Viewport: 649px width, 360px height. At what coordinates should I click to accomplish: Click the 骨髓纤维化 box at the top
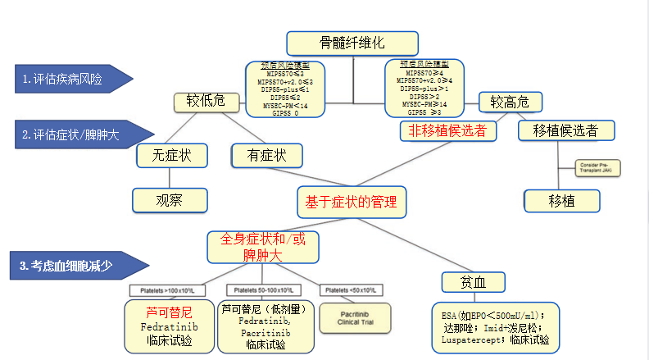tap(352, 43)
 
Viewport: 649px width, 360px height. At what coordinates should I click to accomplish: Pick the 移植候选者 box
tap(565, 130)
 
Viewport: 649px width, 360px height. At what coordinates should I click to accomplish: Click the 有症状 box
tap(266, 155)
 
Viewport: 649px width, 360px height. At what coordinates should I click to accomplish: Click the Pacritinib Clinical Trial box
tap(354, 317)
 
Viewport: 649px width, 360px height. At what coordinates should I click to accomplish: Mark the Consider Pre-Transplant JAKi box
tap(598, 167)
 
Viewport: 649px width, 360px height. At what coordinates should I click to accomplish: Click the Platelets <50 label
tap(352, 291)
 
